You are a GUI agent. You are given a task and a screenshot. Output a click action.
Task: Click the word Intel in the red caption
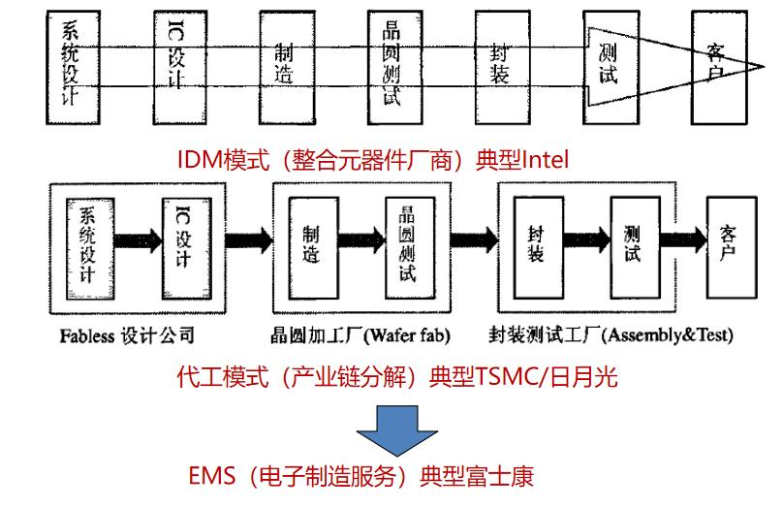[545, 158]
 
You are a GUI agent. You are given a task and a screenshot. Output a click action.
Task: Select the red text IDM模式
[220, 158]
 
